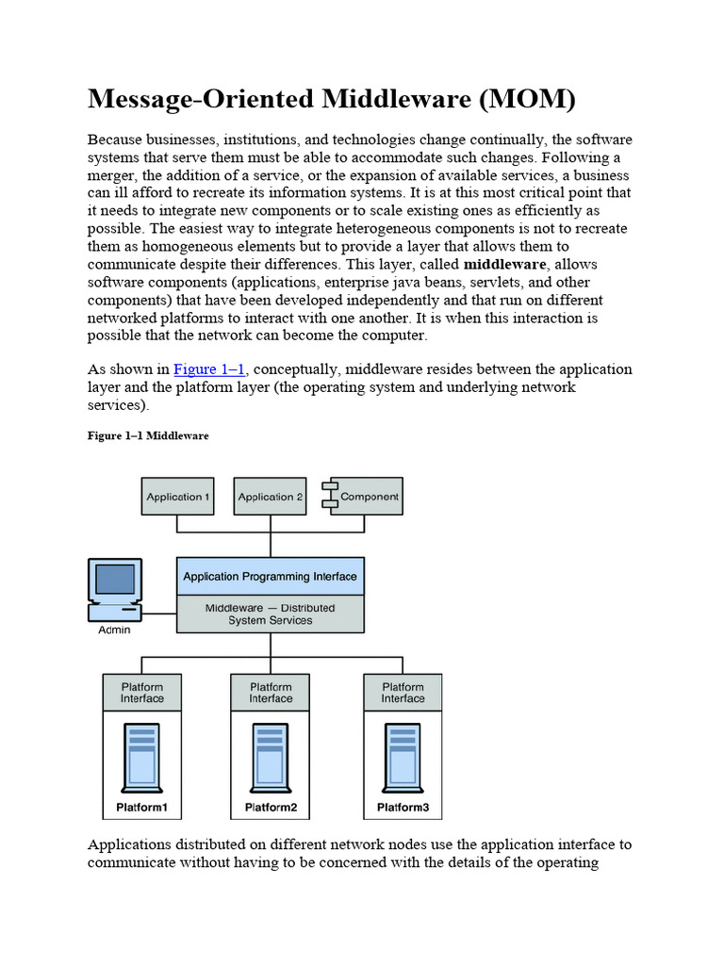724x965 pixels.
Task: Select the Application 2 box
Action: [x=271, y=497]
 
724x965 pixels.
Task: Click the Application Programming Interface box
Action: [x=270, y=577]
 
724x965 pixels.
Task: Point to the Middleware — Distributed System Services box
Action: [x=270, y=614]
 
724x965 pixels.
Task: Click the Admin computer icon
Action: [x=114, y=590]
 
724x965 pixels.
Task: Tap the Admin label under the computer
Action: [x=115, y=630]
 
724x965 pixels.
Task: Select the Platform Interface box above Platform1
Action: [x=142, y=693]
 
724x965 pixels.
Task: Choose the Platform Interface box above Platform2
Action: [x=271, y=693]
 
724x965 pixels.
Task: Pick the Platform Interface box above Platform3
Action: [x=403, y=693]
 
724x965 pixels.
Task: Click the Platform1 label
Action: [x=142, y=808]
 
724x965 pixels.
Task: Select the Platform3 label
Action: [x=403, y=808]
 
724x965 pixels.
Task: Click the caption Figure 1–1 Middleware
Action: [x=148, y=436]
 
